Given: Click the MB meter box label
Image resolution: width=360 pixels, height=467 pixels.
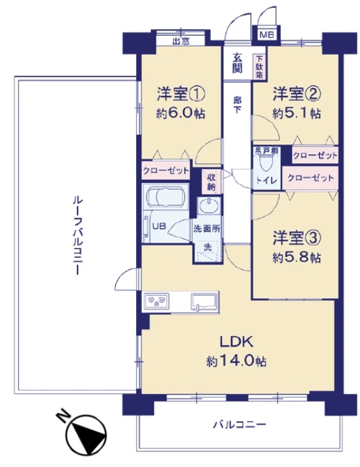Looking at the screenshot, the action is click(266, 35).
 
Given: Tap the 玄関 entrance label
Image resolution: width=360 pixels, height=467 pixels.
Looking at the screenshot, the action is click(238, 63).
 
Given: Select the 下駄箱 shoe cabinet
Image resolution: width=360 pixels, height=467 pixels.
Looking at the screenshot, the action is click(259, 66).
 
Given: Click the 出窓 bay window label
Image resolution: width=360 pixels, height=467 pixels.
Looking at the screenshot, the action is click(181, 41).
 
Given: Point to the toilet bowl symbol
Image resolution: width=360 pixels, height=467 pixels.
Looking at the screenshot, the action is click(266, 163).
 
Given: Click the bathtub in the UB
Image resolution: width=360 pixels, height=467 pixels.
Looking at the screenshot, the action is click(165, 197).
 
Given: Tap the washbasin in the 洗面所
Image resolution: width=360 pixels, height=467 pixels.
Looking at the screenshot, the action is click(209, 206).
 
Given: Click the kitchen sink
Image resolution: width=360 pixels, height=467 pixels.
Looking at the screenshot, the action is click(204, 302).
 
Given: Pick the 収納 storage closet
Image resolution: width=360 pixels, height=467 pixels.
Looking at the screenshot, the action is click(212, 181).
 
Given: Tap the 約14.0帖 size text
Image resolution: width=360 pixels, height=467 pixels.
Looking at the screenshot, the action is click(236, 361).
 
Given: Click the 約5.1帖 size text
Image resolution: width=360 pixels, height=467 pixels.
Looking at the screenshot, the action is click(297, 113).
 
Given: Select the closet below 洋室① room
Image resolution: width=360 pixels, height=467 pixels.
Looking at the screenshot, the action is click(165, 171).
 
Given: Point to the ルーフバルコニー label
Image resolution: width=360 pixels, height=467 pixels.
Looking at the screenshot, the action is click(77, 235).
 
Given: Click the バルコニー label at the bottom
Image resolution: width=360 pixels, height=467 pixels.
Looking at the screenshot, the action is click(239, 424).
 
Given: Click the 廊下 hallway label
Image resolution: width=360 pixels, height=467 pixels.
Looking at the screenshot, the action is click(238, 104).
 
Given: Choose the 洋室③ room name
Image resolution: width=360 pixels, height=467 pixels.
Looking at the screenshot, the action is click(297, 238).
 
